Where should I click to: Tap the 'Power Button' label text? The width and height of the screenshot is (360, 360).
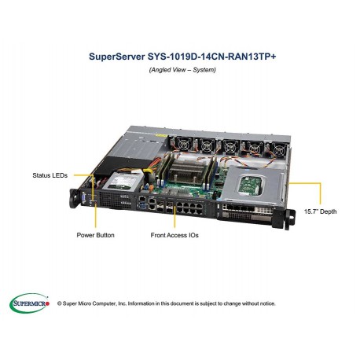(95, 234)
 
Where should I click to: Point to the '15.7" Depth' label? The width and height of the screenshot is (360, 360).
(321, 211)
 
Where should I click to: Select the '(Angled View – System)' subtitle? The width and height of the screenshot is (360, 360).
(180, 70)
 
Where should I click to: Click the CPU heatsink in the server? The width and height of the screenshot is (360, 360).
(188, 168)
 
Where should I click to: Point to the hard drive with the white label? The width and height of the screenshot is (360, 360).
(123, 183)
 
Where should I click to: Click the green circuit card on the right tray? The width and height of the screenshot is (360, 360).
(252, 184)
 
